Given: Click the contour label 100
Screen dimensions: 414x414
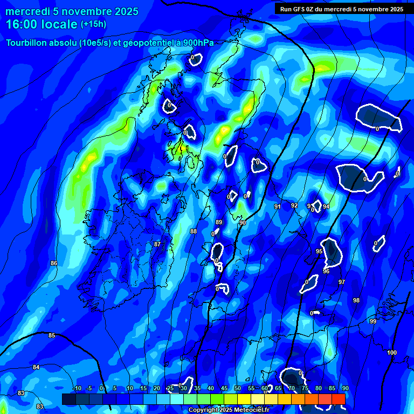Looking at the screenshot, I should tap(392, 353).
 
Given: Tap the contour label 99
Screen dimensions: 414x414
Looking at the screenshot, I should tap(373, 321).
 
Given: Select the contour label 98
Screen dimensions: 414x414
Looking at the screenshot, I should tap(356, 300).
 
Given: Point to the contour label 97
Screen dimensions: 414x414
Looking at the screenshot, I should tap(342, 282).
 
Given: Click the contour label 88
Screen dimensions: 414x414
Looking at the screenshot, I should tap(194, 231).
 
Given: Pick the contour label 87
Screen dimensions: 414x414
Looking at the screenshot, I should tap(157, 244).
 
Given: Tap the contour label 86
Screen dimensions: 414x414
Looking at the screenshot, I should tap(54, 263).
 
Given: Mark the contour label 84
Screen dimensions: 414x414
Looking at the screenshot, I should tap(36, 367).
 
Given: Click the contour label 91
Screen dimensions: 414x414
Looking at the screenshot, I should tap(277, 206).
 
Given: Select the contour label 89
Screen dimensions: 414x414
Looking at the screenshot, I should tap(219, 222).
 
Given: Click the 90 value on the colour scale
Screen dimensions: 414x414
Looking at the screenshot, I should tap(345, 388).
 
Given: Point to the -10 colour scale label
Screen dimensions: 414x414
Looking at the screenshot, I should tap(77, 388).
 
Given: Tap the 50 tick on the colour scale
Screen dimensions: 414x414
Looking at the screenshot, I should tap(238, 388).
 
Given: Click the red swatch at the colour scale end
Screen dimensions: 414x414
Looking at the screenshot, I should tap(338, 398).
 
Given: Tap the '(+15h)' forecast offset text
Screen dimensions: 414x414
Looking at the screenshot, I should tap(93, 24).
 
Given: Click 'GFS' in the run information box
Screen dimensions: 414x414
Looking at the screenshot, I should tap(301, 9).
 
